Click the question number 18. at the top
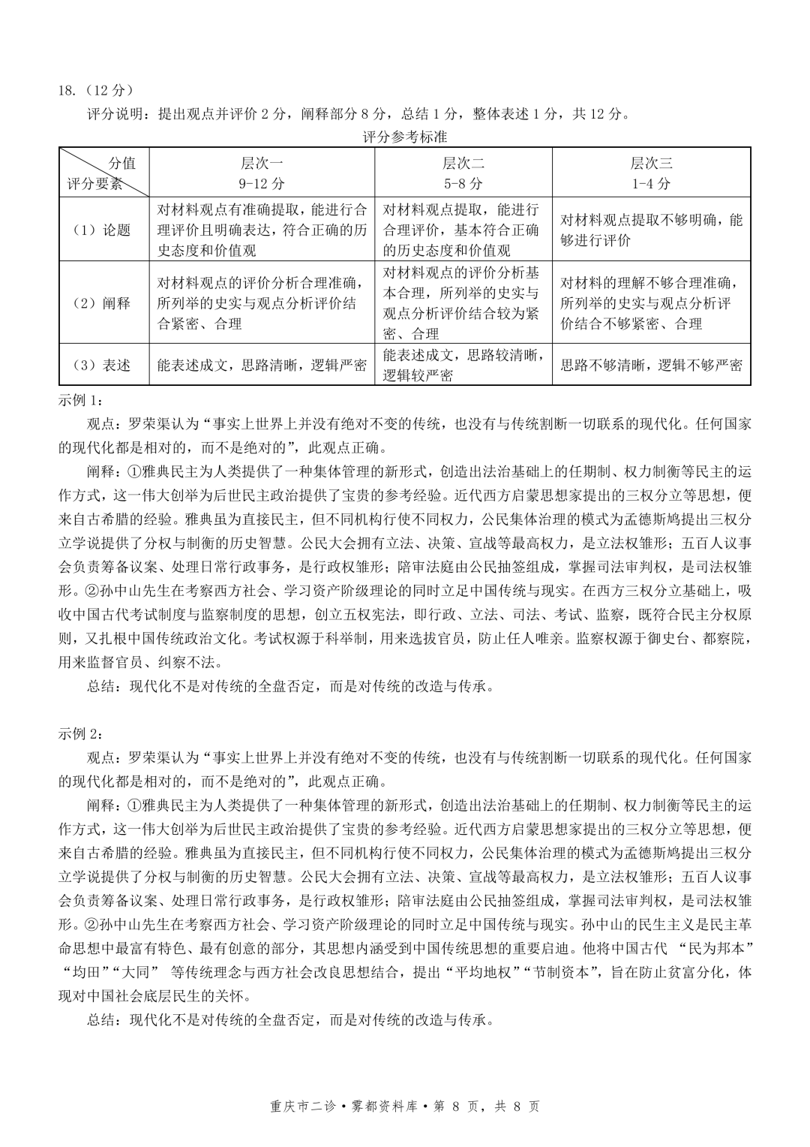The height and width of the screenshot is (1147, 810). [67, 90]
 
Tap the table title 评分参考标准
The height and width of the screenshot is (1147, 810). [404, 137]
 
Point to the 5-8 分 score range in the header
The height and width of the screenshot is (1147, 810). [463, 184]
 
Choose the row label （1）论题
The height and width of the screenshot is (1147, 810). [103, 230]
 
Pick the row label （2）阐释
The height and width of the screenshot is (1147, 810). [103, 303]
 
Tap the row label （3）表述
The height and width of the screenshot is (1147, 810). [103, 365]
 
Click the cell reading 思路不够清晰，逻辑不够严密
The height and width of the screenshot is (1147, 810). [651, 365]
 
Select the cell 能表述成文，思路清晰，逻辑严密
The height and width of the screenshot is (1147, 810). [262, 365]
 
